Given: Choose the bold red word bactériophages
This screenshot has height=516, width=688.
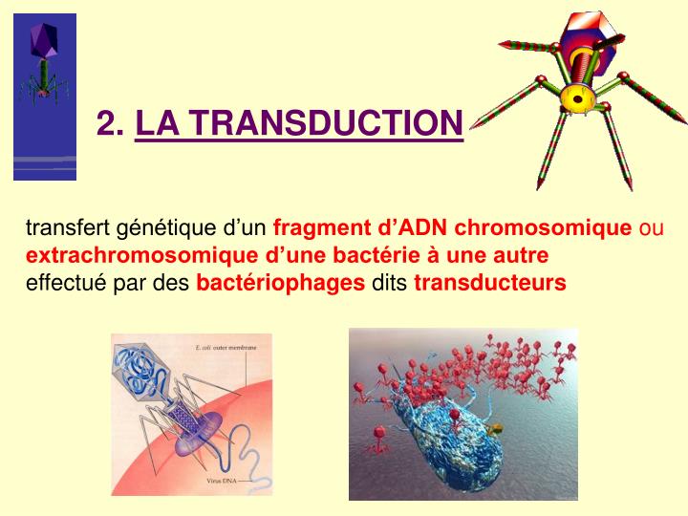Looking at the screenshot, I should (x=280, y=283).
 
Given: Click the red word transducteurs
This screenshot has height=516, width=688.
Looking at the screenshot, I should (x=489, y=283).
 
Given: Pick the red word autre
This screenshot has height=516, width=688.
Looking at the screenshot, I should (x=522, y=256).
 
